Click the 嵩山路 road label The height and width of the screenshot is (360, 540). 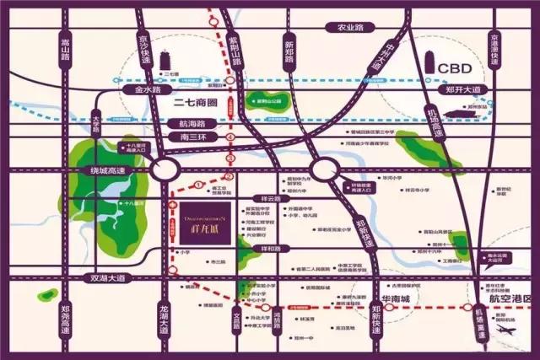[62, 56]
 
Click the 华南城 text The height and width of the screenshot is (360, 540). [400, 298]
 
